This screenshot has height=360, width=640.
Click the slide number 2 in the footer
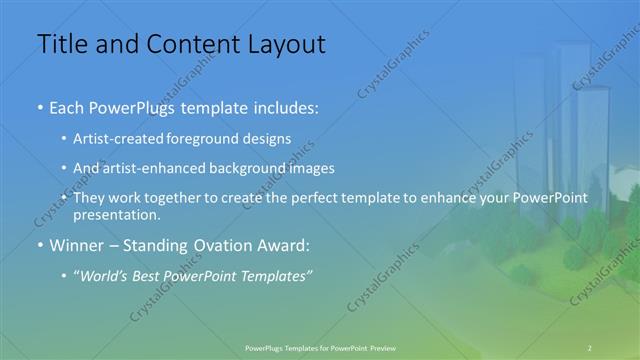pyautogui.click(x=590, y=346)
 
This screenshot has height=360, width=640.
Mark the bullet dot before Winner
pyautogui.click(x=39, y=244)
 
